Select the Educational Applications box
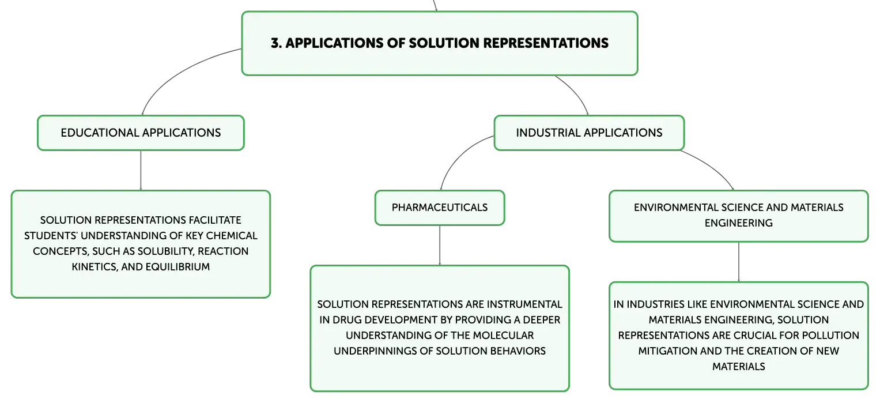(x=141, y=133)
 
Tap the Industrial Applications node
(x=589, y=133)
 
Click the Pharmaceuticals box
(x=440, y=208)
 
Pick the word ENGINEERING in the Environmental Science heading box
(x=739, y=223)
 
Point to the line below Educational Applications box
(x=141, y=171)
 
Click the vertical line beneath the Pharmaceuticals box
(x=440, y=246)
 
